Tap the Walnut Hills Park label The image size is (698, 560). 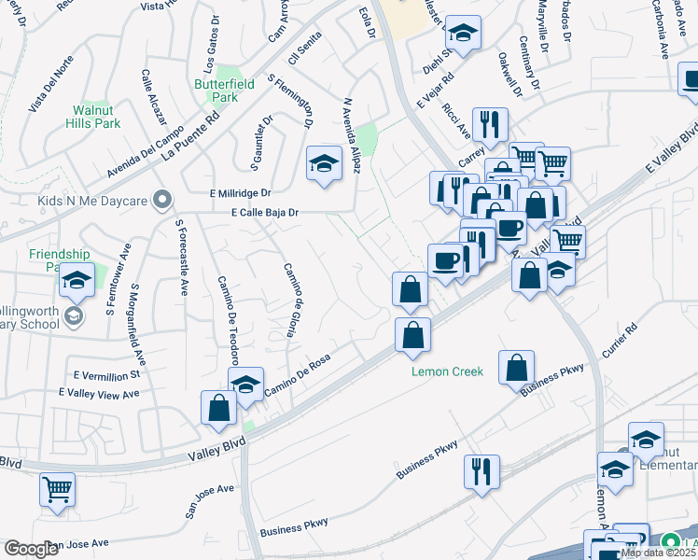97,117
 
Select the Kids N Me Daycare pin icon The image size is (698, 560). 163,199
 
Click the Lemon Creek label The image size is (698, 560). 448,371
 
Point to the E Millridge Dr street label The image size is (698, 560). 238,192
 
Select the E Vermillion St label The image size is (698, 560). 105,374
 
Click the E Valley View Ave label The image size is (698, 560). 98,393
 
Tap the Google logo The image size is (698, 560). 31,549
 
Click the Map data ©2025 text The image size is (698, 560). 658,553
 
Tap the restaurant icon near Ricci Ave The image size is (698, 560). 490,123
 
